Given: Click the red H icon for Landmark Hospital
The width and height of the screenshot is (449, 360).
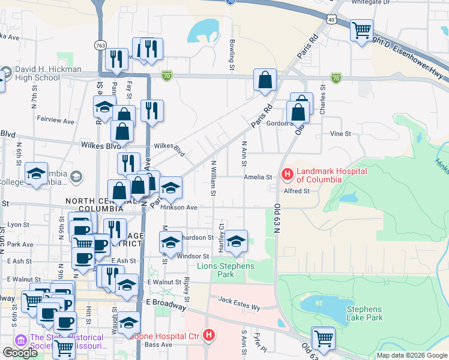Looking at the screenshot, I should pos(287,175).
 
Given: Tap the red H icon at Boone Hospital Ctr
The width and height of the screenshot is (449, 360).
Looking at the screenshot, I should pos(208,336).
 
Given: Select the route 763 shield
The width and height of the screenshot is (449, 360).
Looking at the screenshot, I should pos(100,46).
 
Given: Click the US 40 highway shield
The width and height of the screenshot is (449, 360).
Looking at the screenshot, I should pos(331,20).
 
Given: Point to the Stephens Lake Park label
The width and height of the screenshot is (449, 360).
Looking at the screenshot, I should pos(364,313).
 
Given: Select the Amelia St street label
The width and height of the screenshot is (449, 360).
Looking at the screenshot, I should pos(258,177).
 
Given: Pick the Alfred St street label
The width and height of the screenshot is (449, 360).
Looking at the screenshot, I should pos(297,191).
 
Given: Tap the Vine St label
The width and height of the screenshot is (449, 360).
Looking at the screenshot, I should pos(340,134).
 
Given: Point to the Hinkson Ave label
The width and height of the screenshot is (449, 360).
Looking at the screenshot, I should pos(179,207).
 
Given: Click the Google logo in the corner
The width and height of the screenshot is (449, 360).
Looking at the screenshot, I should pos(20,353).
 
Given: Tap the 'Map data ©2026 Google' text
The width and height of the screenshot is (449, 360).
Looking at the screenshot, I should pos(411,355).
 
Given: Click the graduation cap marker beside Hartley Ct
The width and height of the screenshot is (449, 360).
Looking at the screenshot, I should pos(237,241).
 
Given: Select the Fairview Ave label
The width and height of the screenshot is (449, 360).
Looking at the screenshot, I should pos(55,121).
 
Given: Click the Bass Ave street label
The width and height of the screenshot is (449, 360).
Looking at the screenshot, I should pos(159,344).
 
